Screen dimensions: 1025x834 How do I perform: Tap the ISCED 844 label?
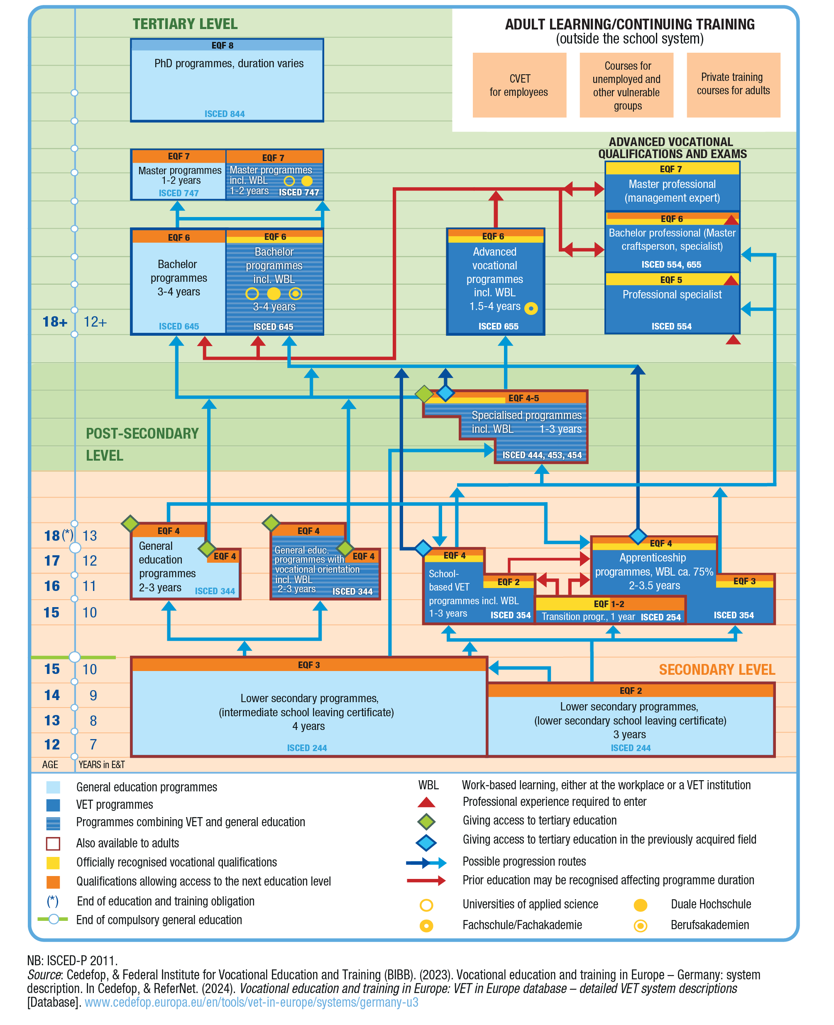click(x=224, y=114)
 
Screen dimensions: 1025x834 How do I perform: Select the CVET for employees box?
click(x=519, y=85)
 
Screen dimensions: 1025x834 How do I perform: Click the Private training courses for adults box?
click(x=733, y=85)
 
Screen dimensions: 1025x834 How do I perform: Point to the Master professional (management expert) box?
click(x=672, y=191)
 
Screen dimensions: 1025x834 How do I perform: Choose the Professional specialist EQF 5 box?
click(x=672, y=303)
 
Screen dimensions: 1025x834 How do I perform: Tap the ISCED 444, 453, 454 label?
click(x=541, y=455)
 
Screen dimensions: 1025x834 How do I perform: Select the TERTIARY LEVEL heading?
click(x=185, y=24)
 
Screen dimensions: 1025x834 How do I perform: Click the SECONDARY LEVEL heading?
click(x=716, y=669)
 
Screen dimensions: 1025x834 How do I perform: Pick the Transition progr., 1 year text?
click(x=588, y=617)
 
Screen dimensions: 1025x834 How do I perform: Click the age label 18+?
click(x=55, y=322)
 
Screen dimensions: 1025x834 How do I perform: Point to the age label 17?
click(x=52, y=561)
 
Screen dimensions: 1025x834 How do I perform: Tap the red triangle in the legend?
click(x=426, y=802)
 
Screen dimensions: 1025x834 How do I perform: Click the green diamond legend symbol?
click(x=426, y=822)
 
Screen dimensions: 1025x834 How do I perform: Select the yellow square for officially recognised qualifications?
click(x=53, y=863)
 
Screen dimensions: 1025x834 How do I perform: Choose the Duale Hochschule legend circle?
click(x=640, y=905)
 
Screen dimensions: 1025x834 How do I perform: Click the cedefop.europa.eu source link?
click(x=251, y=1003)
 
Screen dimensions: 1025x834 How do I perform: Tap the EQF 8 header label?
click(x=223, y=46)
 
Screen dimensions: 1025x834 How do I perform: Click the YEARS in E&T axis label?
click(x=101, y=764)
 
